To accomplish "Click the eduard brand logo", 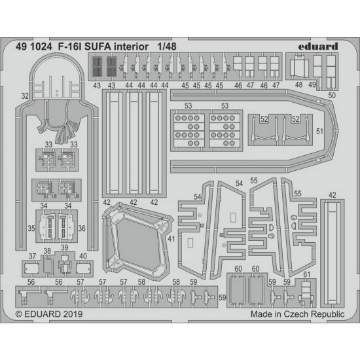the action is pos(318,46).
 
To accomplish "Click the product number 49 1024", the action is pos(34,46).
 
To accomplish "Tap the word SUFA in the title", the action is pos(98,46).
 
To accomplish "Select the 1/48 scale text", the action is pos(167,46).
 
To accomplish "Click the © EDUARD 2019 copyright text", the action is pos(49,314).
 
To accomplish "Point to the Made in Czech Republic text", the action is pos(298,314).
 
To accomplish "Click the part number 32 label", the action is pos(25,96).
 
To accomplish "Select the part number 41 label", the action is pos(171,239).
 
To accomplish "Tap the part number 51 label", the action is pos(319,131).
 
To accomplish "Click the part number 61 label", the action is pos(307,274).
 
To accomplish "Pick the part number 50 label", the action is pos(332,96).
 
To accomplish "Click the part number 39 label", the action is pos(65,247).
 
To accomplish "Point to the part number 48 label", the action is pos(298,84).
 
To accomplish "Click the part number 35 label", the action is pos(31,228).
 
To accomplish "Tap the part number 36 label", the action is pos(82,228).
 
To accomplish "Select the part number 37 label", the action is pos(32,256).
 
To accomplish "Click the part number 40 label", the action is pos(83,256).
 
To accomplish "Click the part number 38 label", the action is pos(47,251).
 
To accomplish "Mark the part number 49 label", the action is pos(312,84).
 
